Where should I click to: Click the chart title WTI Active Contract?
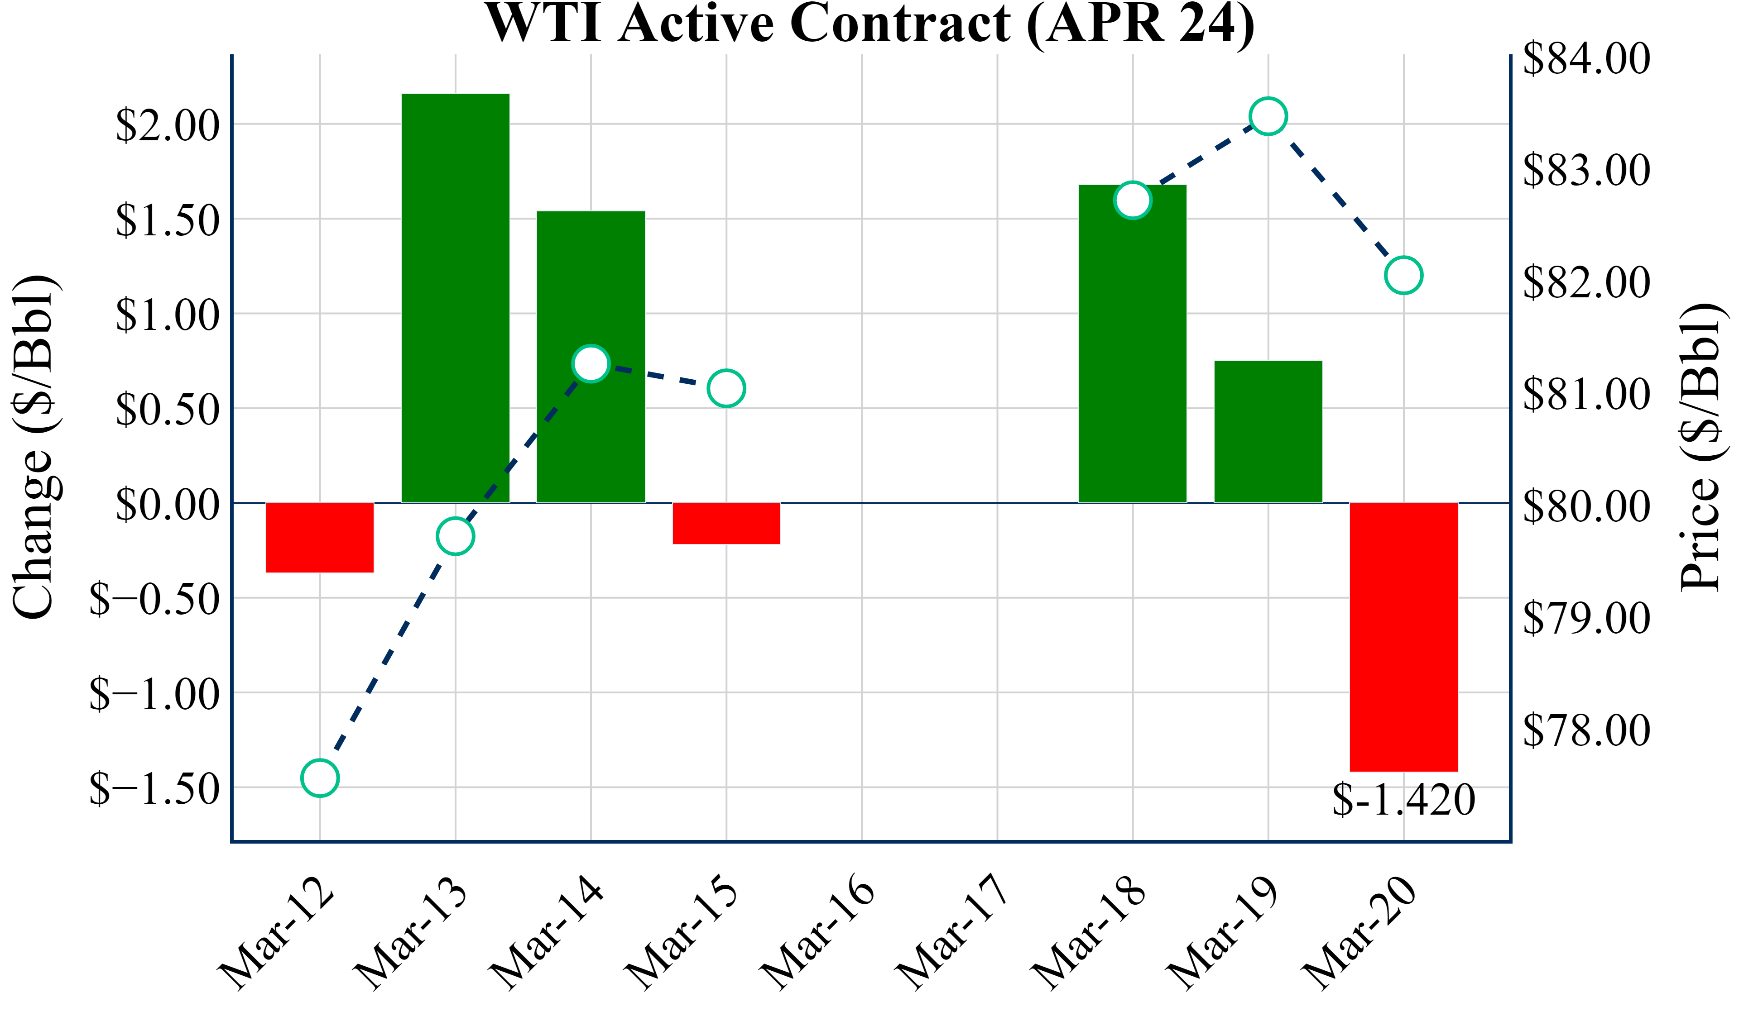coord(869,24)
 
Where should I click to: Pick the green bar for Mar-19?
coord(1268,432)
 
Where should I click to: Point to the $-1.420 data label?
coord(1403,800)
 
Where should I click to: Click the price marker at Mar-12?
coord(320,778)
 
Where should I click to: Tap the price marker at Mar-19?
coord(1268,116)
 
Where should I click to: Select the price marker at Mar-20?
coord(1403,275)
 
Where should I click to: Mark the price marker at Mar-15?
coord(726,388)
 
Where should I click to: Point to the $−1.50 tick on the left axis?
coord(154,788)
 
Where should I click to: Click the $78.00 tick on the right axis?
coord(1586,730)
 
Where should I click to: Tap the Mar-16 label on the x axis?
coord(818,931)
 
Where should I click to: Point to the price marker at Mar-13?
coord(456,536)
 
